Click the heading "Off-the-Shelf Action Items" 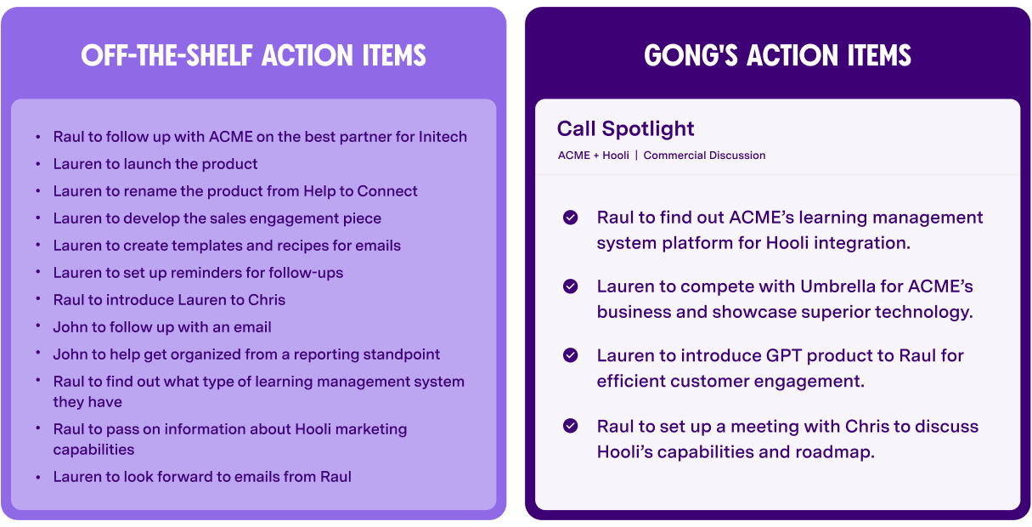pyautogui.click(x=253, y=56)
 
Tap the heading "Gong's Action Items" pyautogui.click(x=777, y=56)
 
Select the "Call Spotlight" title pyautogui.click(x=625, y=128)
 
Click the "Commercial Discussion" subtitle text pyautogui.click(x=704, y=156)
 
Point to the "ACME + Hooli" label pyautogui.click(x=593, y=156)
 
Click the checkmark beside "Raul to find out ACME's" pyautogui.click(x=571, y=218)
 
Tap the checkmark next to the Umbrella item pyautogui.click(x=571, y=286)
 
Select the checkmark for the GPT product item pyautogui.click(x=571, y=355)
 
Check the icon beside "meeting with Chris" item pyautogui.click(x=571, y=426)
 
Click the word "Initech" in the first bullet pyautogui.click(x=443, y=137)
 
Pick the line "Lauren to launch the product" pyautogui.click(x=155, y=164)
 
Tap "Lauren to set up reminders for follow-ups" pyautogui.click(x=198, y=273)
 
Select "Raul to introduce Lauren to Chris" pyautogui.click(x=169, y=300)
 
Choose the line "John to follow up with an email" pyautogui.click(x=162, y=327)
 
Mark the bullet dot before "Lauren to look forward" pyautogui.click(x=37, y=477)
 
